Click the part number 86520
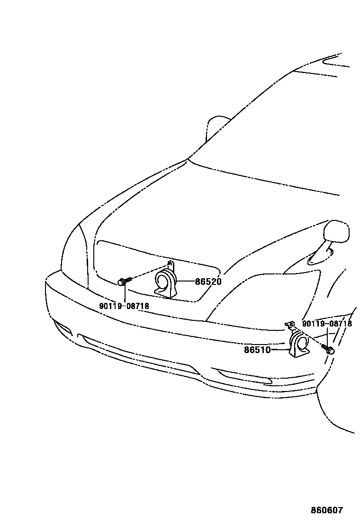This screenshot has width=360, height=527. point(208,282)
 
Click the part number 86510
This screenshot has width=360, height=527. point(257,350)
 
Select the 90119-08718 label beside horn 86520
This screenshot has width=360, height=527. point(124,306)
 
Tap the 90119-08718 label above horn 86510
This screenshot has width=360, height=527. point(327,324)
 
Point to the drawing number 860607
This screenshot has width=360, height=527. point(326,510)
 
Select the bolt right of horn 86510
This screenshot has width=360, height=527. point(329,351)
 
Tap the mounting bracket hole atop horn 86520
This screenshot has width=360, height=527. point(171,263)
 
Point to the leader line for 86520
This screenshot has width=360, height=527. point(186,282)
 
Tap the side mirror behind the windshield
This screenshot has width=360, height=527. point(216,127)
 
